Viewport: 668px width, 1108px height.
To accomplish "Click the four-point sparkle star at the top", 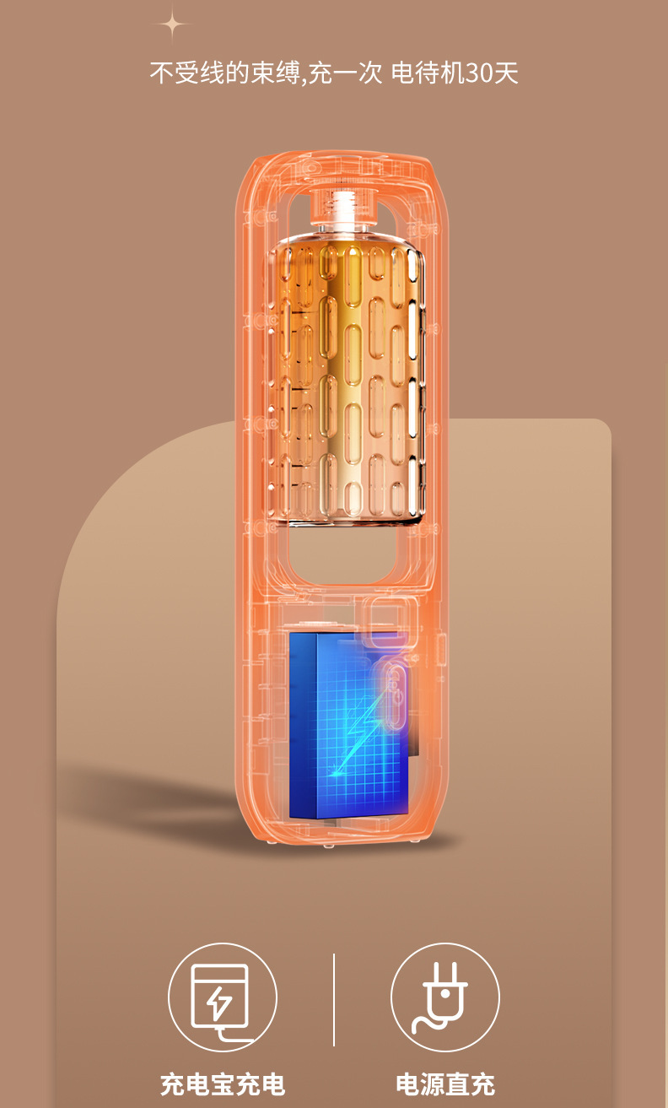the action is coord(172,24).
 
